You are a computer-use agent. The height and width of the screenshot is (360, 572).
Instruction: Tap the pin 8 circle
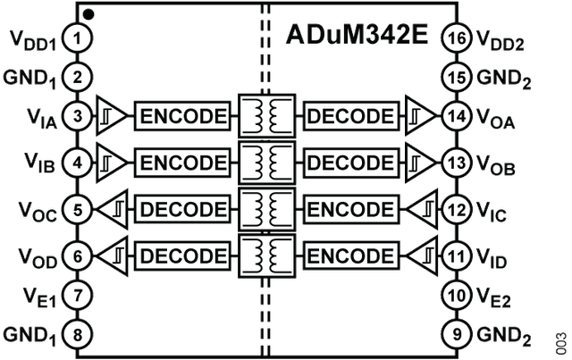[80, 335]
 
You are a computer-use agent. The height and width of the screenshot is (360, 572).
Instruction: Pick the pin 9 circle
[457, 335]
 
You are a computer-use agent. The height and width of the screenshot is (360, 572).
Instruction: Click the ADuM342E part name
[357, 37]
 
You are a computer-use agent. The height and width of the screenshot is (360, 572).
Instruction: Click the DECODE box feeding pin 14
[349, 116]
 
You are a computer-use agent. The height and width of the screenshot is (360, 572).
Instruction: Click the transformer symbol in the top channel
[265, 116]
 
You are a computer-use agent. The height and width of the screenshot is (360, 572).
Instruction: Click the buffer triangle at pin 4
[110, 163]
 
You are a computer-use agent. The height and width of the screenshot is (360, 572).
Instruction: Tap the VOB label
[499, 165]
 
